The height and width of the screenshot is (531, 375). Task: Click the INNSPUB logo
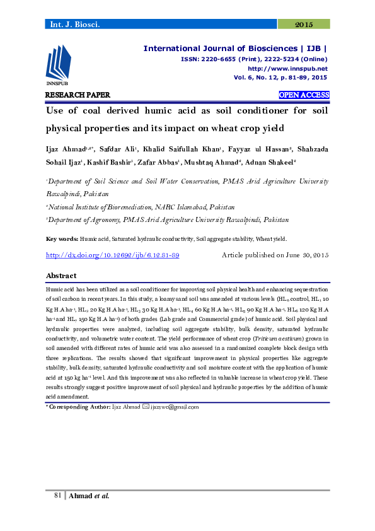[x=57, y=66]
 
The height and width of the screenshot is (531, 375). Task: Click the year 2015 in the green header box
[x=304, y=24]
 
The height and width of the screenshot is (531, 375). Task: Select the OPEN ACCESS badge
[x=304, y=95]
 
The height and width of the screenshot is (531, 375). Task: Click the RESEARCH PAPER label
[x=78, y=95]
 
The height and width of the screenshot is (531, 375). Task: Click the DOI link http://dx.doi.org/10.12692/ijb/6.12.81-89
[x=113, y=255]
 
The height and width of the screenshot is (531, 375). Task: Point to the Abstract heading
[x=61, y=276]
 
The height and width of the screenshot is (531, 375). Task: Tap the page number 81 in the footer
[x=57, y=496]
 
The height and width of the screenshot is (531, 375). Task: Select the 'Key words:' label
[x=62, y=240]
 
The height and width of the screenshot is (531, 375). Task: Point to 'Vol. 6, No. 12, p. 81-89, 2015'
[x=280, y=77]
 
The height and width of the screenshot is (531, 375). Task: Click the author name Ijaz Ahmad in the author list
[x=66, y=149]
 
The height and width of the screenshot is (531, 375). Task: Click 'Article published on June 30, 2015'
[x=275, y=255]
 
